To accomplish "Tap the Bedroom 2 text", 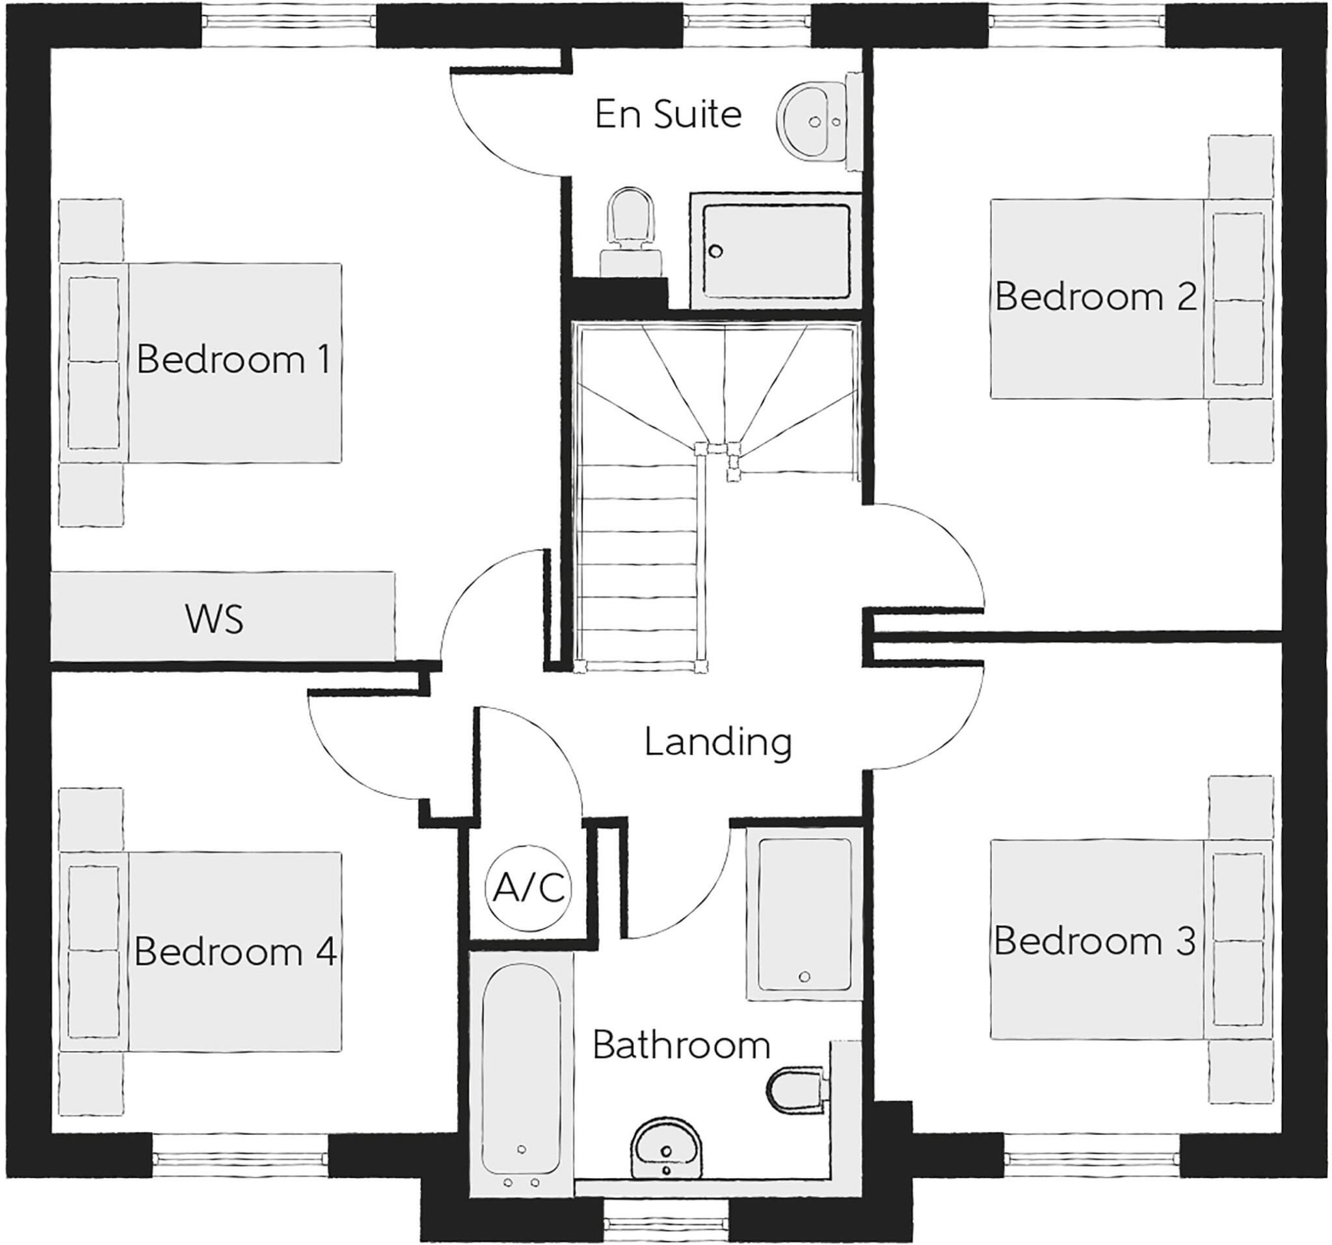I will pyautogui.click(x=1095, y=297).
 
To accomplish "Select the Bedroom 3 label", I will pyautogui.click(x=1094, y=941).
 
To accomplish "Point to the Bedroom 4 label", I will pyautogui.click(x=235, y=952).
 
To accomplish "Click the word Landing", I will pyautogui.click(x=718, y=742).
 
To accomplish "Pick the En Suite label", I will pyautogui.click(x=668, y=114).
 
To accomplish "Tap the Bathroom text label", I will pyautogui.click(x=682, y=1045).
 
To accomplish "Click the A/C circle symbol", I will pyautogui.click(x=529, y=888).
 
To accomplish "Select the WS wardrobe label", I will pyautogui.click(x=214, y=619).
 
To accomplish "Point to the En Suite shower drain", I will pyautogui.click(x=716, y=252).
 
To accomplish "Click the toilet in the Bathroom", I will pyautogui.click(x=795, y=1091).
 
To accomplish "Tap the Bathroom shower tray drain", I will pyautogui.click(x=805, y=977).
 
